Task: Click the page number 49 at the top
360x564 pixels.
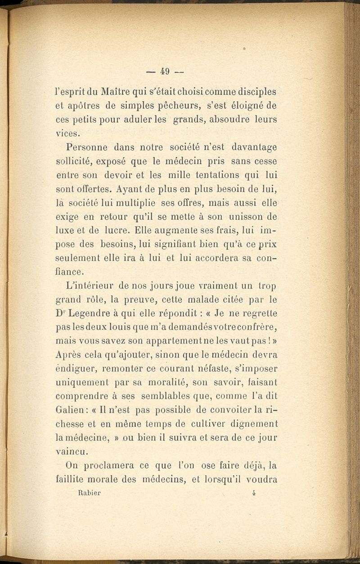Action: click(x=164, y=72)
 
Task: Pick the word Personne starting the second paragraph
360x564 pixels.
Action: click(x=86, y=147)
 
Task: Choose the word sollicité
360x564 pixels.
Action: click(x=76, y=161)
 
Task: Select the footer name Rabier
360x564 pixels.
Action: click(x=89, y=492)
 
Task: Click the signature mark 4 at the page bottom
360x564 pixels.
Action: click(x=254, y=492)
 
